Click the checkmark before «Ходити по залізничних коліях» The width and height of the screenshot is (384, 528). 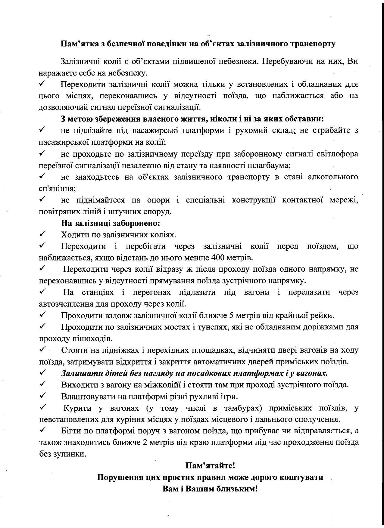[42, 234]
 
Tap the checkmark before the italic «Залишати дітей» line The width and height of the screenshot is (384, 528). [42, 373]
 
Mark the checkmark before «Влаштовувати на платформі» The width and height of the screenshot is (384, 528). [42, 396]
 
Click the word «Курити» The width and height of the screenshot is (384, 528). [76, 408]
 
